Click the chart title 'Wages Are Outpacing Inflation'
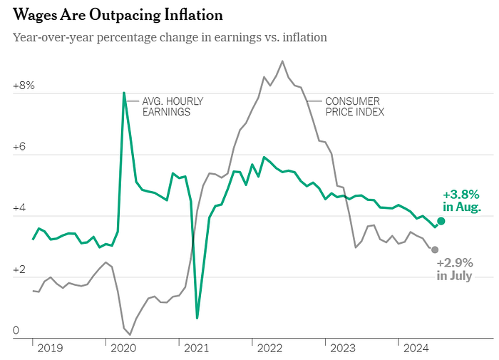point(118,15)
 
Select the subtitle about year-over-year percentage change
point(170,38)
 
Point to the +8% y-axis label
point(24,86)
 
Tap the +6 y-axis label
point(19,147)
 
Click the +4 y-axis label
point(19,208)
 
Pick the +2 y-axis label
point(19,269)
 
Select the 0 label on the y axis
point(16,330)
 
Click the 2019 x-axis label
point(51,348)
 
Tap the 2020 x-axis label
point(123,348)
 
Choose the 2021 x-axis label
point(196,348)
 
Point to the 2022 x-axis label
point(269,348)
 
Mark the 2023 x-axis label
point(343,348)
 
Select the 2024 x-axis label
point(416,348)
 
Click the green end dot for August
point(441,221)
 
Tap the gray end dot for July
point(435,250)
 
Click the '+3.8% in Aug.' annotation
point(462,200)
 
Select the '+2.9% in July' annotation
point(455,269)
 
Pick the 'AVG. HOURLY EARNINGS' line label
point(173,107)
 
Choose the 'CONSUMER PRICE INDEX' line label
point(355,107)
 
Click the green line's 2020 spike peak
point(124,93)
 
